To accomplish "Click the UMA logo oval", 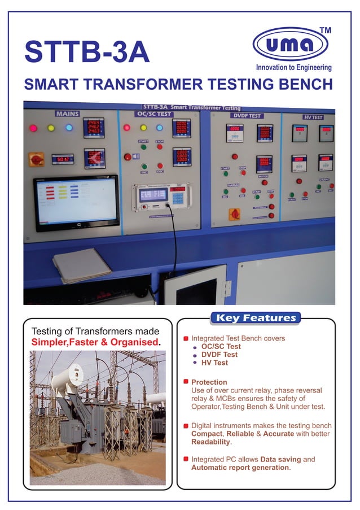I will pyautogui.click(x=289, y=44).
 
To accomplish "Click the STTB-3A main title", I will pyautogui.click(x=87, y=51).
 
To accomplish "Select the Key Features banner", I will pyautogui.click(x=255, y=318).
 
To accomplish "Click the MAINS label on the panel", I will pyautogui.click(x=67, y=114).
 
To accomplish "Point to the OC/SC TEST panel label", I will pyautogui.click(x=155, y=114).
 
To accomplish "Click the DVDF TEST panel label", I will pyautogui.click(x=246, y=116).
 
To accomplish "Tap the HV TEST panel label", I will pyautogui.click(x=313, y=117).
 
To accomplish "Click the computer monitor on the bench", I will pyautogui.click(x=76, y=202).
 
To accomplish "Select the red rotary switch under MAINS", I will pyautogui.click(x=37, y=160).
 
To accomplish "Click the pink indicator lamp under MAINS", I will pyautogui.click(x=33, y=128).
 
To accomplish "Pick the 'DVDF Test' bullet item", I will pyautogui.click(x=219, y=355).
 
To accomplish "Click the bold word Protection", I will pyautogui.click(x=209, y=382).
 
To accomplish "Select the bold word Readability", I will pyautogui.click(x=211, y=443).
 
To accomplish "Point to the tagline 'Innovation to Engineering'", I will pyautogui.click(x=293, y=68).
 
